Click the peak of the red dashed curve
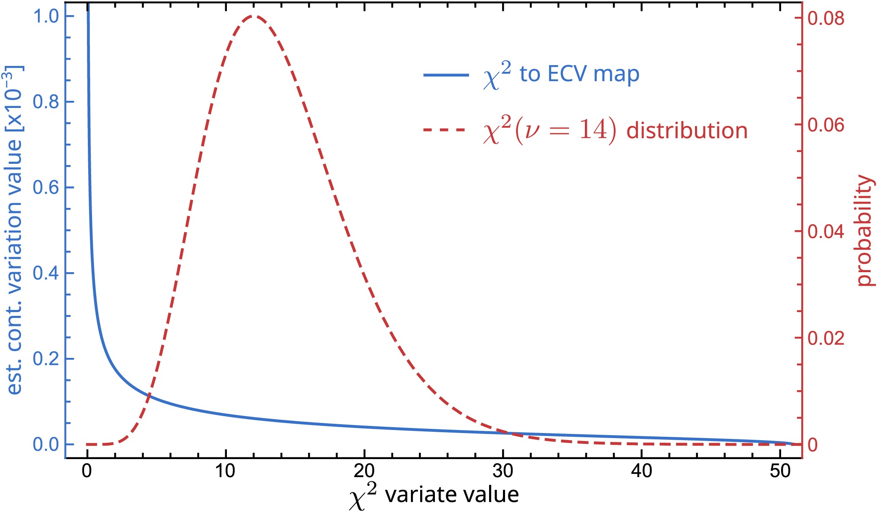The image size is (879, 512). (253, 16)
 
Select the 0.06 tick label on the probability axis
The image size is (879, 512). (826, 125)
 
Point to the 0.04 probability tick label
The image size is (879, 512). (826, 231)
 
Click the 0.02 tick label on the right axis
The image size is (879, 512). (826, 338)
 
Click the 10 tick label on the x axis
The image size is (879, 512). (226, 471)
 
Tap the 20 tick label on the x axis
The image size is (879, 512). (364, 471)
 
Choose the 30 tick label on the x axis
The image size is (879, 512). (503, 471)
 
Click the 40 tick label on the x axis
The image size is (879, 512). (642, 471)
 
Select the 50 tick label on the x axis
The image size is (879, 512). (780, 471)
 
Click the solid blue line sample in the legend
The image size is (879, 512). (446, 75)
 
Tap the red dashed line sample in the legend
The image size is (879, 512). (446, 130)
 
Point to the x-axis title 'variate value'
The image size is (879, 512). (452, 495)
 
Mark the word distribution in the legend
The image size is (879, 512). (687, 131)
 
